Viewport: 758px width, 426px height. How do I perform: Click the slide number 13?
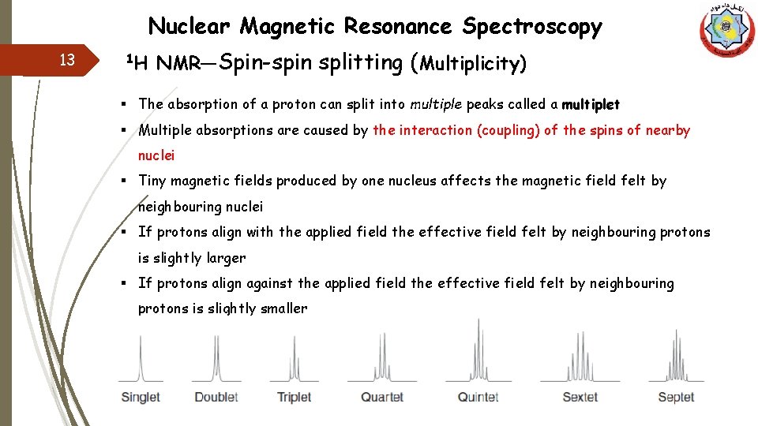[x=67, y=61]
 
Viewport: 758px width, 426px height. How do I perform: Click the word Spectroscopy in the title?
[x=532, y=27]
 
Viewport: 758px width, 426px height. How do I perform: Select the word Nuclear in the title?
[x=189, y=27]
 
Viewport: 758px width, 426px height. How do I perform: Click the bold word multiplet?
[x=591, y=105]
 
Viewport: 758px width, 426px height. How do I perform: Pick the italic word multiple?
[x=436, y=104]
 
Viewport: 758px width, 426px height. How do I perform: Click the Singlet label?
[x=141, y=397]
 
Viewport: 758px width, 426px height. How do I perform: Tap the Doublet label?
[x=216, y=397]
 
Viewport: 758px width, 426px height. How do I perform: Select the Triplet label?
[x=294, y=397]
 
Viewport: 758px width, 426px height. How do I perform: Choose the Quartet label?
[x=382, y=397]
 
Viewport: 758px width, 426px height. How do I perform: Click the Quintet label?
[x=478, y=397]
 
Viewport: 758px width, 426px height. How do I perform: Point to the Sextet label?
[x=580, y=397]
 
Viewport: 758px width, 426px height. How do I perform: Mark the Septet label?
[x=676, y=397]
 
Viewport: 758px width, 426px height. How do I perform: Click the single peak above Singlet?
[x=141, y=359]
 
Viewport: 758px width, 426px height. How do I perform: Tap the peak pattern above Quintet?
[x=478, y=351]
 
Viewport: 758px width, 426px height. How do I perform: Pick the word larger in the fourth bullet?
[x=226, y=258]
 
